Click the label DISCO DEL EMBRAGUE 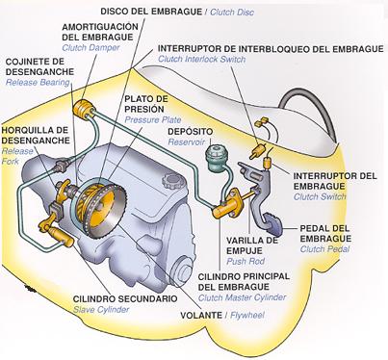click(x=134, y=11)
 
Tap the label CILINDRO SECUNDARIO click(x=124, y=298)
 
